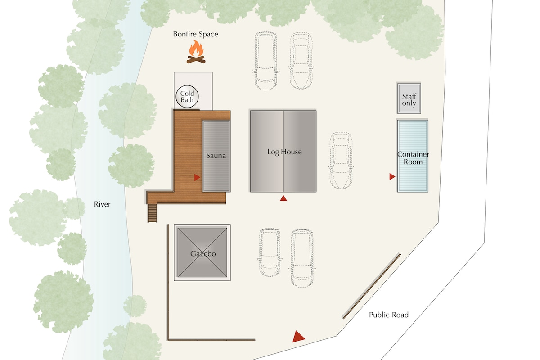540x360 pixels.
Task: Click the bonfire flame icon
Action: (x=196, y=52)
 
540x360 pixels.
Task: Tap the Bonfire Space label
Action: (x=195, y=34)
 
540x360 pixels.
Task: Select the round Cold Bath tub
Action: (x=187, y=96)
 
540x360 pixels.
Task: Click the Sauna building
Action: (x=216, y=156)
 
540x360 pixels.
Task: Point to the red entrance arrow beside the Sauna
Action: (x=197, y=177)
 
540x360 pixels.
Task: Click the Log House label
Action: (x=284, y=152)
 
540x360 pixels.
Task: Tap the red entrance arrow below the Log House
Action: (x=283, y=198)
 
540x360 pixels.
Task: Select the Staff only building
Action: (x=409, y=99)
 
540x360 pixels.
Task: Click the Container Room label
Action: (x=413, y=158)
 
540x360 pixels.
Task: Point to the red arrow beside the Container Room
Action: (x=392, y=177)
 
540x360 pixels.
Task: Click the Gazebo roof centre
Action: (x=202, y=252)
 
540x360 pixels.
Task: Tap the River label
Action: (x=102, y=204)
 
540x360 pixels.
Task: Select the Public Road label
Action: (x=389, y=315)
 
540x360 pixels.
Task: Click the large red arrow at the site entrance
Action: (x=298, y=337)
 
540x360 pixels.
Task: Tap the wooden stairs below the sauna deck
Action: (x=153, y=213)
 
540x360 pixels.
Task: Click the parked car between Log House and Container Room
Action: (x=341, y=160)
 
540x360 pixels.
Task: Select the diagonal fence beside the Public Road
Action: (x=372, y=286)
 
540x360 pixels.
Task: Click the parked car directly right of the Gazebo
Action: (x=270, y=252)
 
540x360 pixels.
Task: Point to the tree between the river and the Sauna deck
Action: (x=131, y=166)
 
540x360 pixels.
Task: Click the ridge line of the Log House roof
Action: (x=283, y=151)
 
